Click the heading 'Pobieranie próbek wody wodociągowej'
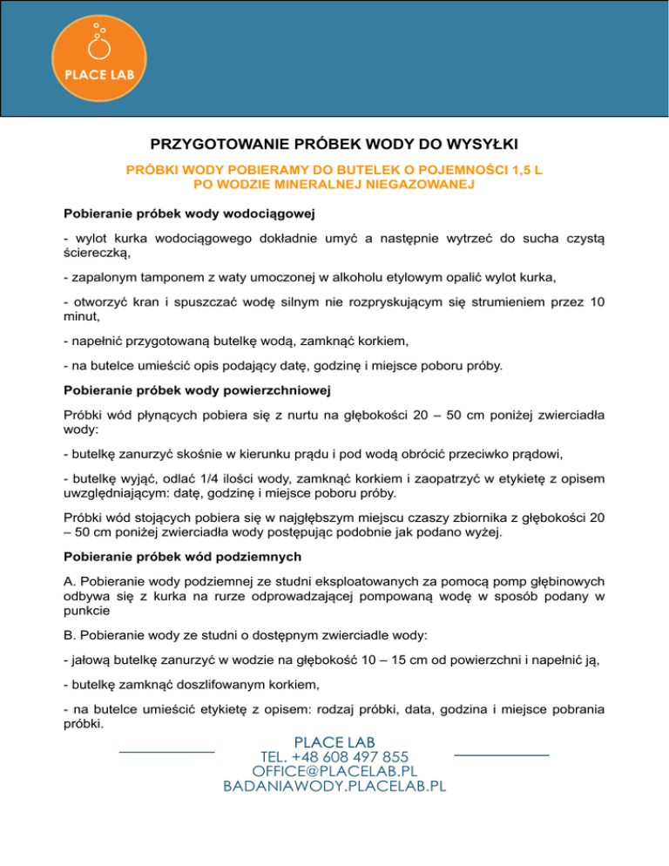(189, 213)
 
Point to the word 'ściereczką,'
(97, 253)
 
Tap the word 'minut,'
(83, 318)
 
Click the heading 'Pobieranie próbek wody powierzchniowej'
(195, 390)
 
